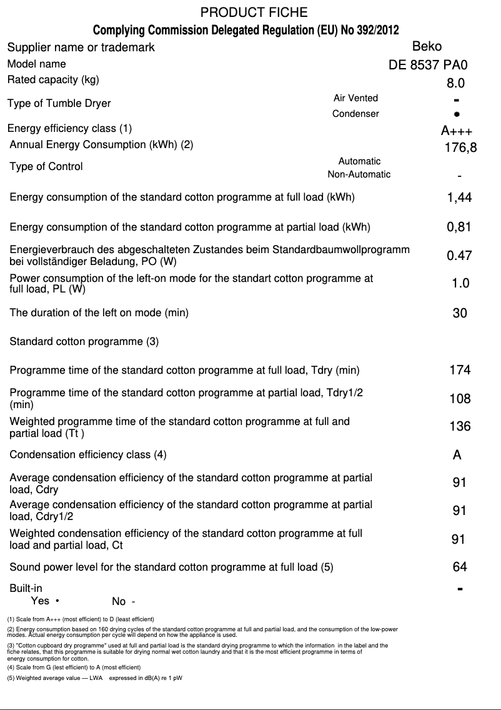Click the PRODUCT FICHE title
coord(254,12)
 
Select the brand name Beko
coord(427,46)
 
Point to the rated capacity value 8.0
coord(455,83)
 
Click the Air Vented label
coord(355,98)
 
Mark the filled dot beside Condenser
coord(457,114)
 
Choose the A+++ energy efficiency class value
coord(457,131)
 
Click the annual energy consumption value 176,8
coord(460,148)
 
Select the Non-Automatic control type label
coord(359,174)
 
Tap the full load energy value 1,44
coord(459,197)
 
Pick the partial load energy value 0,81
coord(459,227)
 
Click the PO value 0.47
coord(459,256)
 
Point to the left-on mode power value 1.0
coord(460,284)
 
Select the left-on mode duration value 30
coord(459,313)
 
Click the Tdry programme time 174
coord(460,370)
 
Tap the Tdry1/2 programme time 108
coord(460,399)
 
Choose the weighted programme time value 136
coord(460,427)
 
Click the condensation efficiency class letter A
coord(457,455)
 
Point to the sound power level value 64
coord(460,567)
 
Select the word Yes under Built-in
coord(40,601)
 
